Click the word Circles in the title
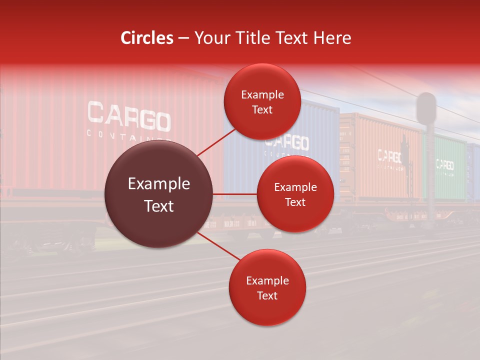[x=147, y=38]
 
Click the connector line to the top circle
[x=216, y=142]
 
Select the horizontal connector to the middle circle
[x=235, y=194]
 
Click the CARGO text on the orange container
[x=389, y=156]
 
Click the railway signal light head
[x=426, y=107]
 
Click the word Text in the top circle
[x=262, y=109]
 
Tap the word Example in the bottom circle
[x=267, y=281]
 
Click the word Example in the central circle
[x=159, y=184]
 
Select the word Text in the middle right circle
[x=295, y=202]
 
